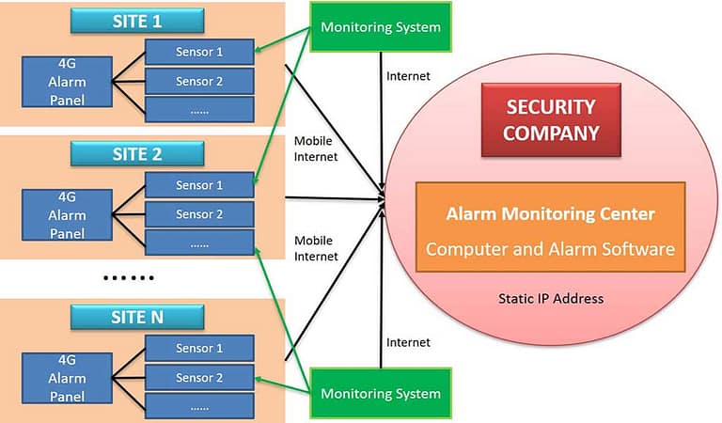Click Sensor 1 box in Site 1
(199, 52)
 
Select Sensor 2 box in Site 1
(199, 81)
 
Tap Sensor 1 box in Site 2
(199, 185)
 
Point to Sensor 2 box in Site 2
(199, 214)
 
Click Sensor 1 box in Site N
(199, 349)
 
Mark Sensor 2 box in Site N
(199, 378)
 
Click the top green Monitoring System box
(380, 26)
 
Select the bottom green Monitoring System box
(380, 393)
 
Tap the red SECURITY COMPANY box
(550, 120)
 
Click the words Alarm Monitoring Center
(550, 214)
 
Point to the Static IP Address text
(550, 299)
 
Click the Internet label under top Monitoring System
(408, 74)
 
